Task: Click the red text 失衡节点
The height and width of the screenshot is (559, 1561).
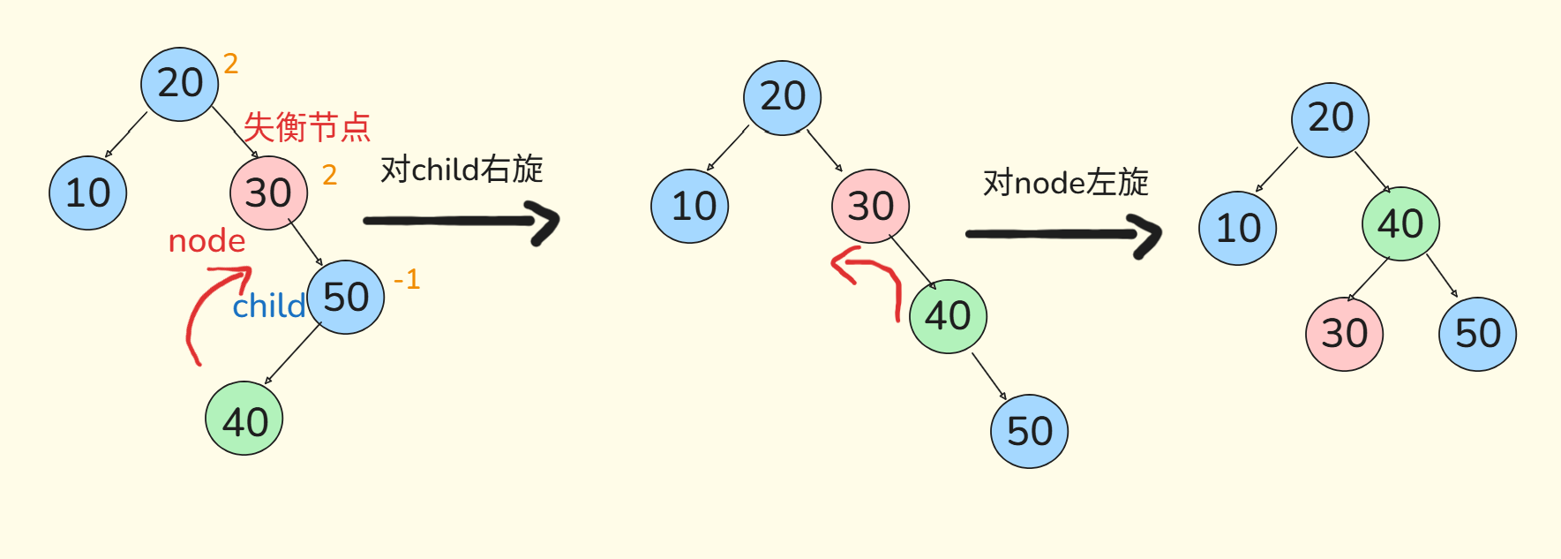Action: tap(306, 127)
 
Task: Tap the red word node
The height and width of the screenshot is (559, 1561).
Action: tap(206, 240)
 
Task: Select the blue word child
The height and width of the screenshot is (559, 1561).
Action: tap(268, 306)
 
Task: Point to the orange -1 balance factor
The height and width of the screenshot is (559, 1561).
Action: tap(407, 280)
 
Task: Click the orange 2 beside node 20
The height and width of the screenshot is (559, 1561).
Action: tap(230, 64)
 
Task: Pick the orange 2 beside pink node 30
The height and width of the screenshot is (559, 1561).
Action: tap(329, 175)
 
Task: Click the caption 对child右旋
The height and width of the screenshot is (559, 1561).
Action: tap(462, 169)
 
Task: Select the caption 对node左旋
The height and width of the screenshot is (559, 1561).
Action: tap(1066, 183)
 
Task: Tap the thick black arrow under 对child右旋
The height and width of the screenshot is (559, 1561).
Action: tap(462, 221)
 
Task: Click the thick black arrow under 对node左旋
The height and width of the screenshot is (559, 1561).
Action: tap(1064, 234)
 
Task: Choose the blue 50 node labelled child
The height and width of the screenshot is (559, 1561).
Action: tap(346, 297)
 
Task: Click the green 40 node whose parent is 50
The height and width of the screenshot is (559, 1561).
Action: tap(244, 419)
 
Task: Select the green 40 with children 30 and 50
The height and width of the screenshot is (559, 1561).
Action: tap(1400, 223)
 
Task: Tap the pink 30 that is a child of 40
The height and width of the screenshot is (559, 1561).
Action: tap(1344, 334)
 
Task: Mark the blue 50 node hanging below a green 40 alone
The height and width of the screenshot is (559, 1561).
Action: tap(1029, 431)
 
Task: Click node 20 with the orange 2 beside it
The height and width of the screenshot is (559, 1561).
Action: tap(180, 84)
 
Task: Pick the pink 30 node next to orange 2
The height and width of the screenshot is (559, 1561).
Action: tap(268, 193)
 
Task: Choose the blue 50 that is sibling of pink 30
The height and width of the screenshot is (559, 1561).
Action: tap(1477, 334)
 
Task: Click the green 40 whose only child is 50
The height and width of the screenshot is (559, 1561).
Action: tap(948, 316)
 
